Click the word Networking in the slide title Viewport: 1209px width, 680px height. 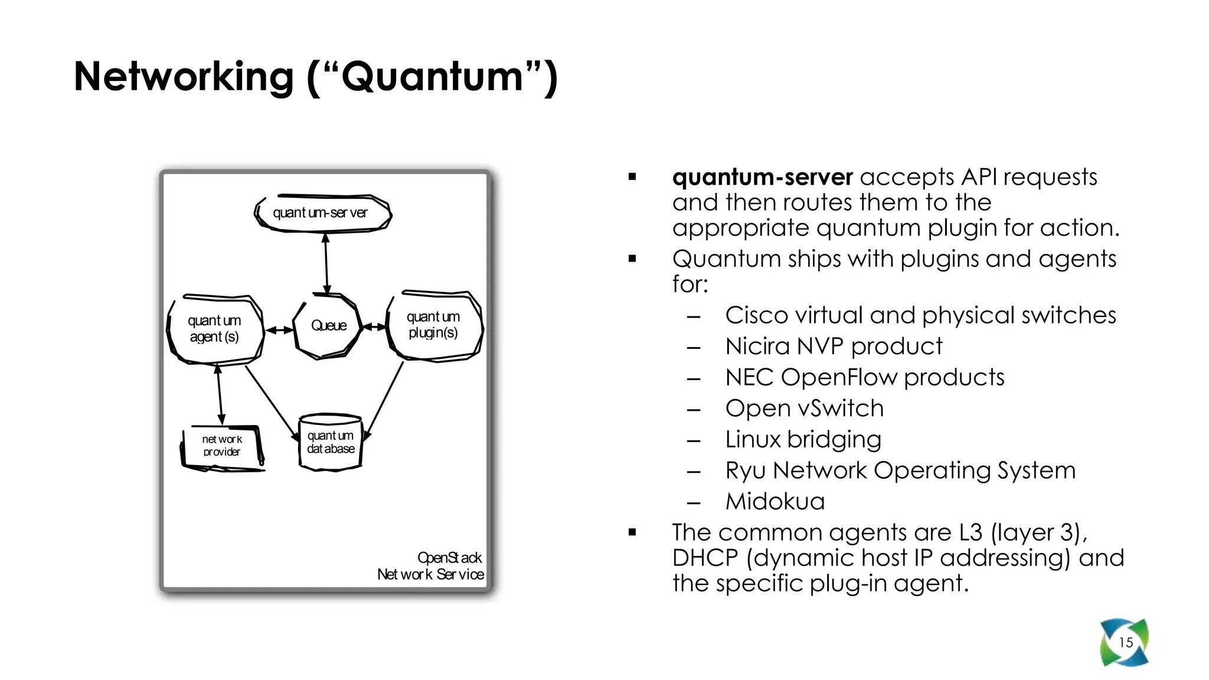click(184, 77)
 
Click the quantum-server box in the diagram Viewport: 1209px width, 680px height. click(322, 213)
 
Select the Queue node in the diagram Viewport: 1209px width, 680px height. click(328, 326)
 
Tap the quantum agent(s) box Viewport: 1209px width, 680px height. click(214, 329)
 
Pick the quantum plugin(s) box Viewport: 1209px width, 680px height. click(433, 325)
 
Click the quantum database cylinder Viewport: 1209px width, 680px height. click(331, 442)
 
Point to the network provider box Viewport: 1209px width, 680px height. click(221, 446)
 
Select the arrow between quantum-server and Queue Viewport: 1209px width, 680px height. click(326, 263)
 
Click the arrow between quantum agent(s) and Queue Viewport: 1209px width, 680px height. click(279, 331)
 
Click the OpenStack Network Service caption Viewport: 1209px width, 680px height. click(431, 566)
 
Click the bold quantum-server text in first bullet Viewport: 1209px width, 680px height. click(762, 177)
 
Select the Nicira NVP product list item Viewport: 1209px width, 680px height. click(833, 346)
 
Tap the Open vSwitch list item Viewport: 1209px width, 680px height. click(804, 408)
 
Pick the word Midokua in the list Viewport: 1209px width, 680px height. click(775, 502)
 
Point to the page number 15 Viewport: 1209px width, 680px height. click(1126, 643)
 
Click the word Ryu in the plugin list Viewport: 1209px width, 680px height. click(745, 471)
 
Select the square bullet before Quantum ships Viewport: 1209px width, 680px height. click(632, 259)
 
